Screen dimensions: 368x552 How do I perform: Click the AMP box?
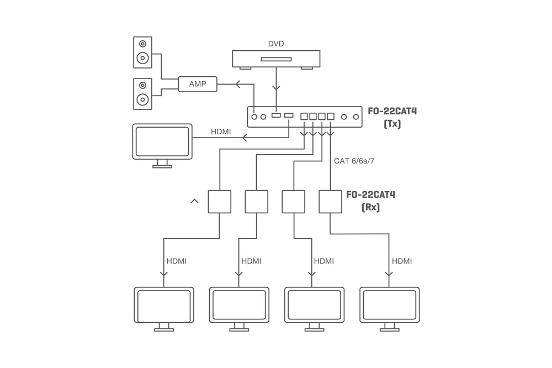tap(198, 84)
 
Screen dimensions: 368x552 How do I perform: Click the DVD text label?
tap(276, 44)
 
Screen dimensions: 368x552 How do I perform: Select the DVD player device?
tap(276, 59)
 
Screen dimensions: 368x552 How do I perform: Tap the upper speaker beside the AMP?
tap(142, 51)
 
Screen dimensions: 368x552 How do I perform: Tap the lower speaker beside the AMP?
tap(142, 93)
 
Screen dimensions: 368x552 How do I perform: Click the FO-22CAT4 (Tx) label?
tap(392, 117)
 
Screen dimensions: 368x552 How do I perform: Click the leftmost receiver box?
tap(219, 202)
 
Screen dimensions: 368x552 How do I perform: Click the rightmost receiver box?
tap(330, 202)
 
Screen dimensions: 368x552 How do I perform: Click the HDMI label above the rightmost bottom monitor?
tap(401, 261)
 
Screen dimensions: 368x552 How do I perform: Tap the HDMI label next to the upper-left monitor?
tap(221, 132)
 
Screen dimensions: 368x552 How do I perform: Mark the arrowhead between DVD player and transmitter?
tap(276, 87)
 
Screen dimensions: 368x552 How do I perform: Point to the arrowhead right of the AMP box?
tap(238, 85)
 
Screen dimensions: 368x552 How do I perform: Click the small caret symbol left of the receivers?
tap(194, 201)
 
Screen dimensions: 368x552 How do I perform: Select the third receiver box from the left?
tap(293, 202)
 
